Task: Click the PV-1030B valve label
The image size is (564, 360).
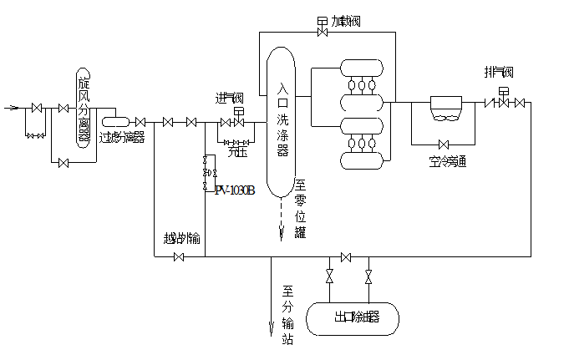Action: pos(235,190)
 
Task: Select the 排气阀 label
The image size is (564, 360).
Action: pos(498,72)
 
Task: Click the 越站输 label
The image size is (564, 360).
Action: pos(182,238)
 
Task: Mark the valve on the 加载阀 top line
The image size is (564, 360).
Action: pos(323,33)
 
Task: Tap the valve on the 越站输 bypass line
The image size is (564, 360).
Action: pos(178,256)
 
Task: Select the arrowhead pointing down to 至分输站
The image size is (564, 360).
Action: pos(271,332)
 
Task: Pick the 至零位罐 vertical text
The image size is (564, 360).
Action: pos(301,208)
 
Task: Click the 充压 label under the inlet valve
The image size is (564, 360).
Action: pos(237,151)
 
